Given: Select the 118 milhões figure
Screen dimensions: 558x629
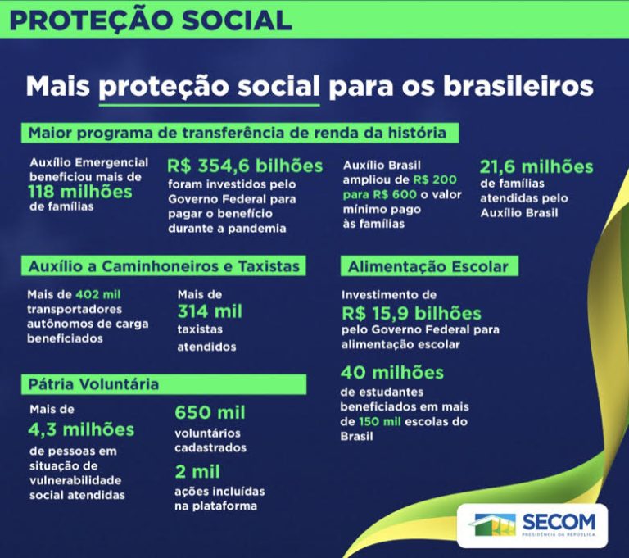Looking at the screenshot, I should tap(80, 191).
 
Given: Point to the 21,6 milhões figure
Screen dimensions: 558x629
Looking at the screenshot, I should tap(536, 166).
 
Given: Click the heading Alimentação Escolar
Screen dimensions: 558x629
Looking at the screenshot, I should tap(428, 266).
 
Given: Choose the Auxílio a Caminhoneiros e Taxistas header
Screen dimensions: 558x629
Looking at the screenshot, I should tap(165, 266).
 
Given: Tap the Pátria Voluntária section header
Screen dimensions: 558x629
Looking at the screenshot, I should tap(94, 383).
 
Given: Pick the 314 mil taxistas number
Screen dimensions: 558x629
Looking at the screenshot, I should tap(210, 311).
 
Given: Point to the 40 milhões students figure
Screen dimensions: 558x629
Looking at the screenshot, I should tap(391, 373).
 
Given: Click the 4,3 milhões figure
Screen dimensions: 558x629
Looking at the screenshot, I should tap(81, 429).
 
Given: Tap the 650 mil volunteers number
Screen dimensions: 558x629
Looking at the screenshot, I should tap(210, 412).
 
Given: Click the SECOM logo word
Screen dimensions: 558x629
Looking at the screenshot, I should tap(560, 522).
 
